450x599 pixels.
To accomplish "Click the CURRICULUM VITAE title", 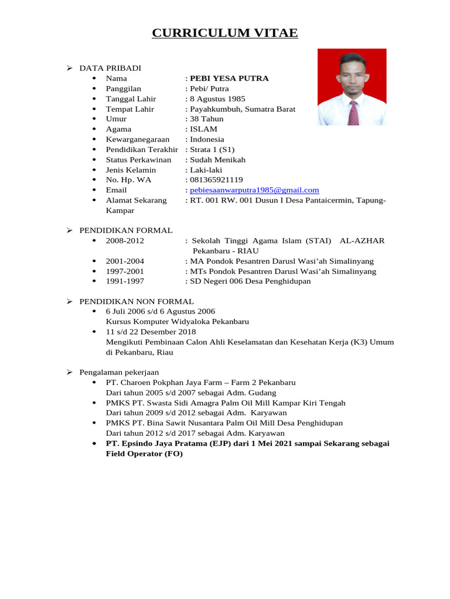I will (225, 33).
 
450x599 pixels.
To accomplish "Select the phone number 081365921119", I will (216, 180).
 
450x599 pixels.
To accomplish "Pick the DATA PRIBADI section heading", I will (110, 68).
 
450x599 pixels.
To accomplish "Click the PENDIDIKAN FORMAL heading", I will (126, 230).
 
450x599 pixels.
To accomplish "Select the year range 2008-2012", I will (125, 241).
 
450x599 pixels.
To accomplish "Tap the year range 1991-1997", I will (125, 281).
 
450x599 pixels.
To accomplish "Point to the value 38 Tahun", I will (206, 119).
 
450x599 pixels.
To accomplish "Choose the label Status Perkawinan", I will (138, 160).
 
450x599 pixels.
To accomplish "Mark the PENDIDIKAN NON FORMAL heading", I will (137, 301).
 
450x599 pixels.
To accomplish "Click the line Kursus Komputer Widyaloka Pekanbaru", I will (178, 322).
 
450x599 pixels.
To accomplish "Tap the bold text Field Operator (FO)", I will (144, 454).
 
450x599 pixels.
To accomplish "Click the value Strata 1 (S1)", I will (212, 149).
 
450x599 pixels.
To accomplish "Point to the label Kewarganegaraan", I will (137, 139).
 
